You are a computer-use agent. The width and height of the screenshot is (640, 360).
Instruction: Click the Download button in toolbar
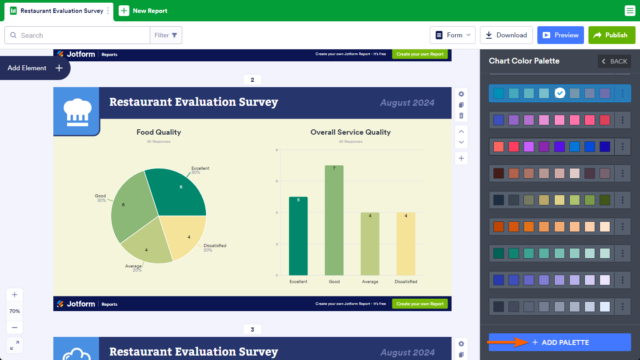pos(506,35)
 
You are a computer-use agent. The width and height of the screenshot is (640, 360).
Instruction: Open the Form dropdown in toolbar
pos(453,35)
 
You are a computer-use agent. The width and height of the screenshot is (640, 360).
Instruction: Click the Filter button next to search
pos(167,35)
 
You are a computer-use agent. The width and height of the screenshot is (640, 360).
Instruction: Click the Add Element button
pos(34,68)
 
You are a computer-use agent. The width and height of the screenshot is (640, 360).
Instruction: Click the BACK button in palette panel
pos(614,62)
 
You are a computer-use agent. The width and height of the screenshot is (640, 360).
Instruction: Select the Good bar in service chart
pos(334,221)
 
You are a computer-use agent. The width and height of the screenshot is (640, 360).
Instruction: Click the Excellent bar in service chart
pos(298,237)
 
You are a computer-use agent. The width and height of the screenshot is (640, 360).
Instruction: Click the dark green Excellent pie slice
pos(178,190)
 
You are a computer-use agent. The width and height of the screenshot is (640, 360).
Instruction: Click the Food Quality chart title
pos(159,131)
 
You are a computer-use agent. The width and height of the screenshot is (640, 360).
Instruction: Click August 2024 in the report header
pos(411,102)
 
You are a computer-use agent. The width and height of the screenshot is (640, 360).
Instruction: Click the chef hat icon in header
pos(76,110)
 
